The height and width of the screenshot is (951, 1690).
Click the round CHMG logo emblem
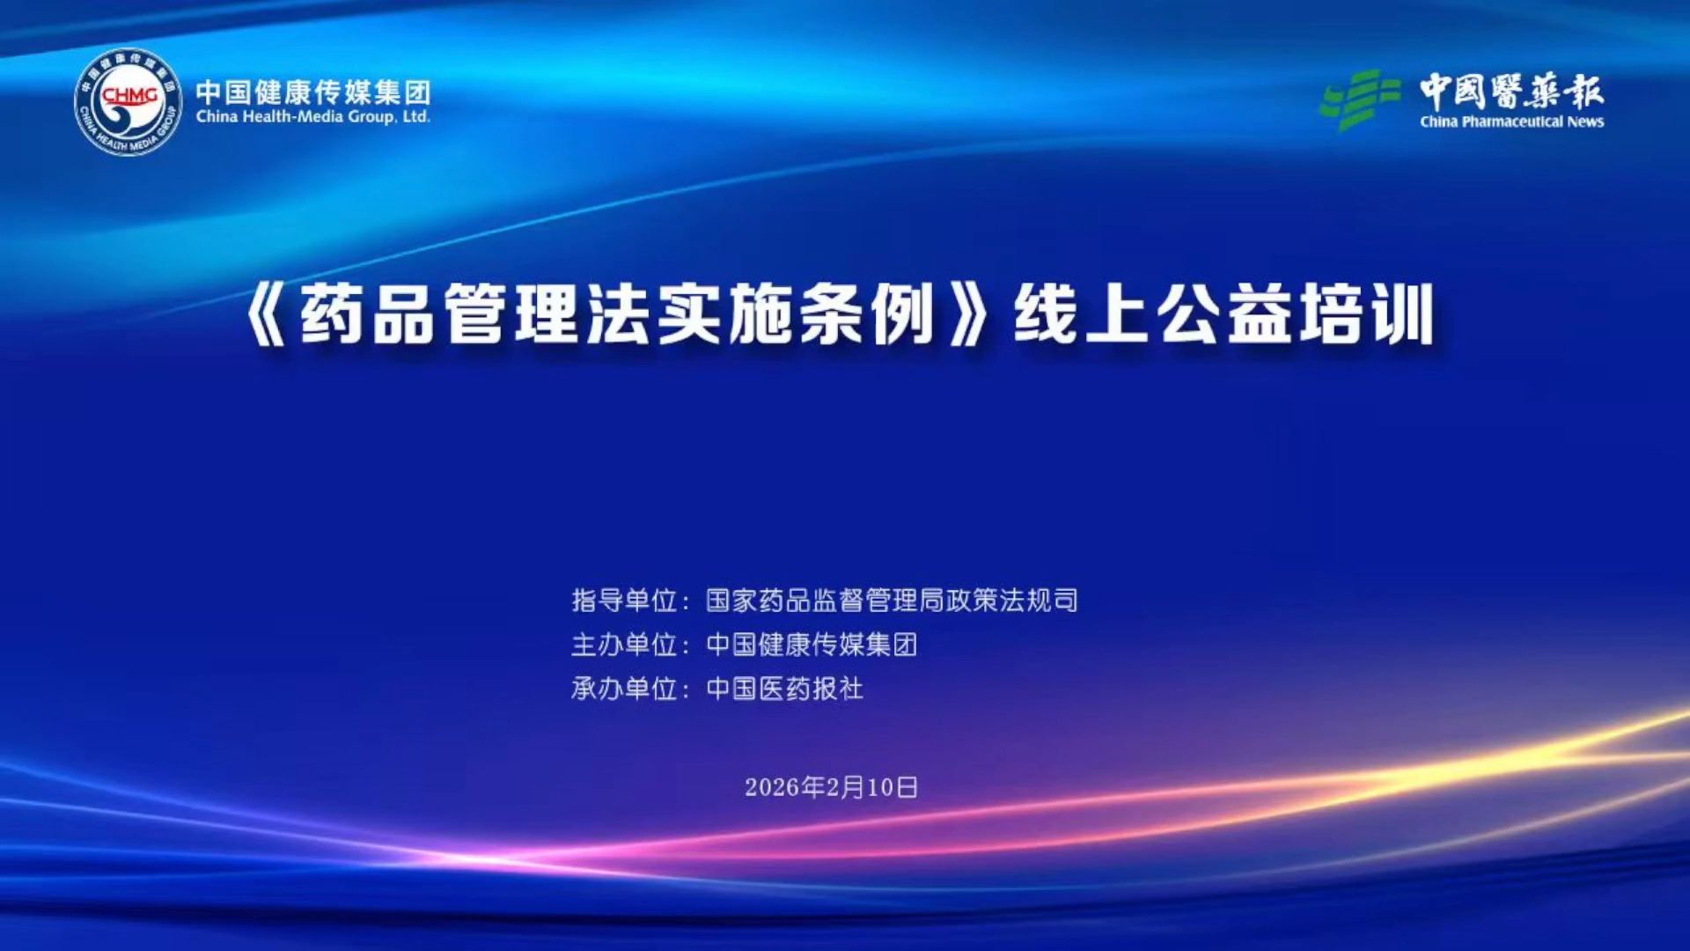pos(129,102)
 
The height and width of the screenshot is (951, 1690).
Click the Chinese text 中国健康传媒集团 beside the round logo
pos(313,92)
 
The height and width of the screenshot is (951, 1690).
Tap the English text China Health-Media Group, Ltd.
pos(313,117)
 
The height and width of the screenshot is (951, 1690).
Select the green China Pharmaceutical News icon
pos(1360,100)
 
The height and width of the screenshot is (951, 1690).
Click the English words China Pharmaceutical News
pos(1511,122)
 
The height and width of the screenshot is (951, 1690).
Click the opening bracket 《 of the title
pos(266,314)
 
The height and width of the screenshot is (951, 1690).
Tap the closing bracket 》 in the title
pos(969,314)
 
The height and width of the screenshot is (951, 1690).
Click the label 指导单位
pos(624,601)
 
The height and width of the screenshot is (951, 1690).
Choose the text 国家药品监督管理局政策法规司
pos(892,601)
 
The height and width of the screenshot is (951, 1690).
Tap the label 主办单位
pos(624,645)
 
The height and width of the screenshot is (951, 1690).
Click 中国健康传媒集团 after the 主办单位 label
pos(812,645)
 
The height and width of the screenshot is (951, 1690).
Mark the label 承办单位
pos(624,689)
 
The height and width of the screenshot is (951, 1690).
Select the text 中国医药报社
pos(785,689)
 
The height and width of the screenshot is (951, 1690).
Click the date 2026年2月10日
pos(832,787)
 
